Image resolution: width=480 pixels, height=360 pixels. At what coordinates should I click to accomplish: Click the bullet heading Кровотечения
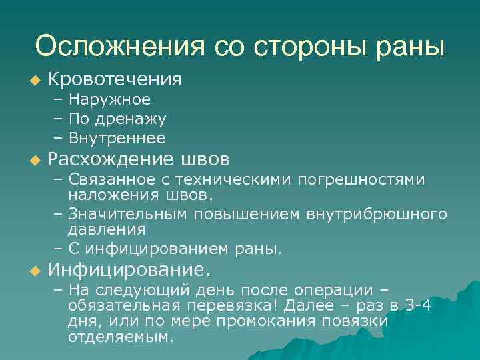(115, 79)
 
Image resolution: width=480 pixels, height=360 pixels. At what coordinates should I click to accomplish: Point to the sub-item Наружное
(109, 100)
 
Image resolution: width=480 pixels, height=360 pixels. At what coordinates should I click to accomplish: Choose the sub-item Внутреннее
(117, 138)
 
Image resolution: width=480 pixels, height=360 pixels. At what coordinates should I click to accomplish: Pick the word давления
(106, 230)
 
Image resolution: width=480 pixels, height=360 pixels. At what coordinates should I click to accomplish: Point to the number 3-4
(418, 306)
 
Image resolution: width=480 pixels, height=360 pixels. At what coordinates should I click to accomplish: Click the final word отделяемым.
(120, 337)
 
